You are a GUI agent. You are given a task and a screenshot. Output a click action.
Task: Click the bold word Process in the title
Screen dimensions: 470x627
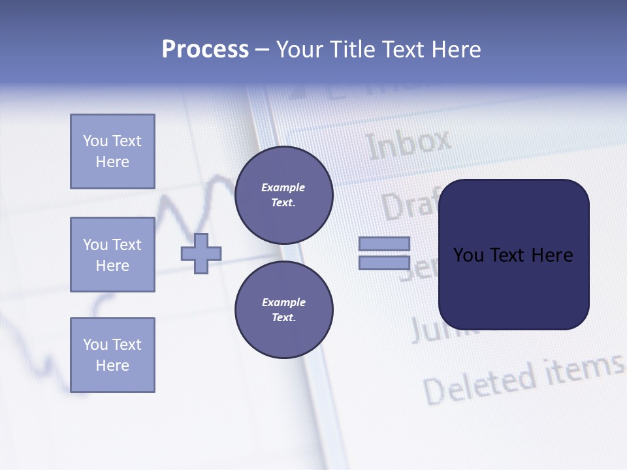click(x=205, y=50)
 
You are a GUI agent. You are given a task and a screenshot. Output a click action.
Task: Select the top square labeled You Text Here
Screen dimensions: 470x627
click(x=112, y=151)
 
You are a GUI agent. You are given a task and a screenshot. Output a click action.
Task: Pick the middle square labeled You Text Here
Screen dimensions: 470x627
click(x=112, y=255)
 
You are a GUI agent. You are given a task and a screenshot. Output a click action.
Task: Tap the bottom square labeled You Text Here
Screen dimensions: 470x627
click(x=112, y=355)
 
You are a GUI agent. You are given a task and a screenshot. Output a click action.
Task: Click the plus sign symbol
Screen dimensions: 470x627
click(x=201, y=253)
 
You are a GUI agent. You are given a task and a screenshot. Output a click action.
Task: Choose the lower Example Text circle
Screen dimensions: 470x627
click(x=283, y=310)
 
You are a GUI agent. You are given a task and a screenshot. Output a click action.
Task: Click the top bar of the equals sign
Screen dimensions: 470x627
click(x=384, y=243)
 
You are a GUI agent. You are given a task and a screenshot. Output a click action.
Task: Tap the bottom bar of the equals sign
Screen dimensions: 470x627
click(x=384, y=262)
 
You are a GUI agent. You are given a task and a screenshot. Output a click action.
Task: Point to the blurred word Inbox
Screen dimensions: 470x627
click(x=409, y=144)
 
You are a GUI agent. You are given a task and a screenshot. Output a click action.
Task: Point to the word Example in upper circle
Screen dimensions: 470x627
click(x=283, y=187)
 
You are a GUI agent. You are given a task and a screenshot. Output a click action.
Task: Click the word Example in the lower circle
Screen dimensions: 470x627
click(x=283, y=302)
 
